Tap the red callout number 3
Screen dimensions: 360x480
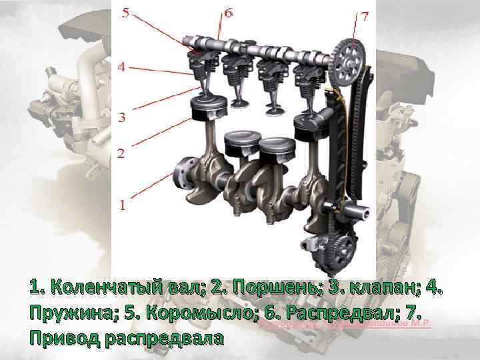point(121,119)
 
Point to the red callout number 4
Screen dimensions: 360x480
point(121,67)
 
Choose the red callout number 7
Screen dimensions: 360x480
point(364,18)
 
